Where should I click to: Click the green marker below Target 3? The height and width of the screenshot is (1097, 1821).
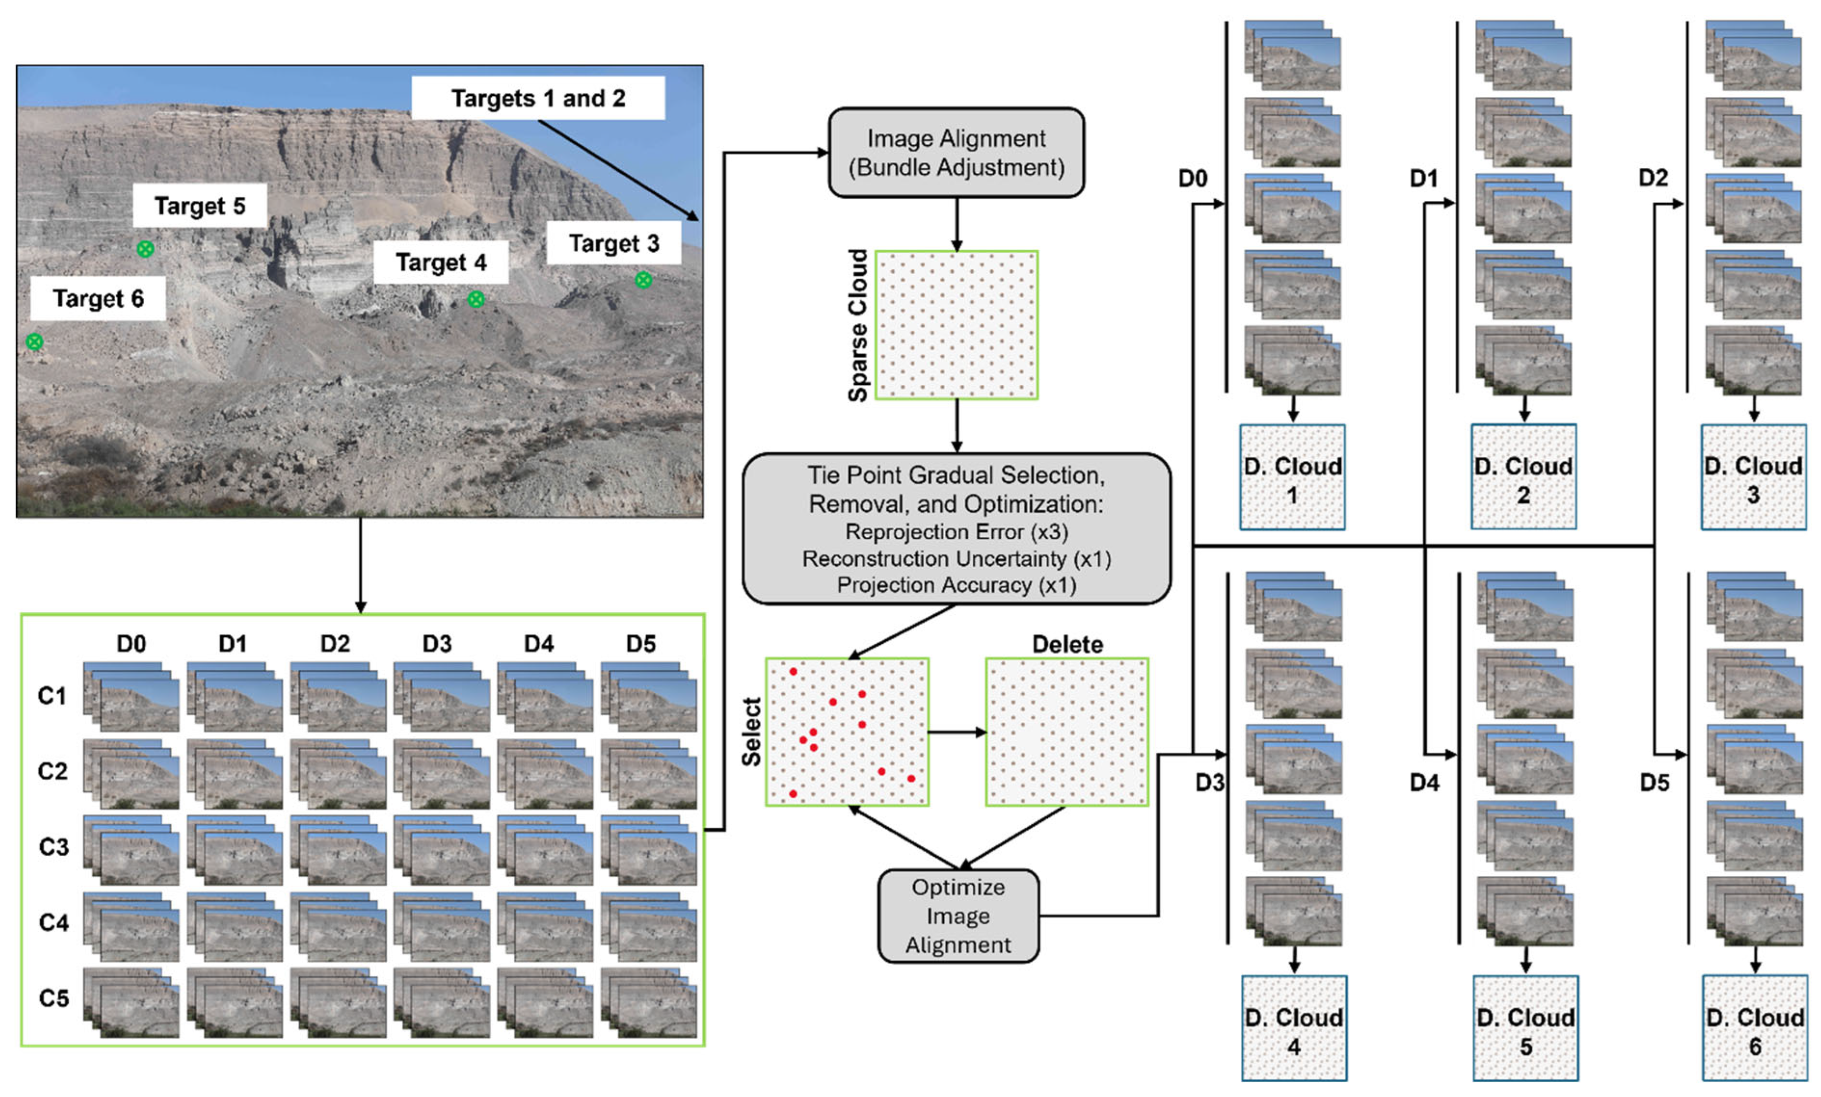pyautogui.click(x=643, y=280)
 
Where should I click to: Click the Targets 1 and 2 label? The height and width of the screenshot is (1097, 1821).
pyautogui.click(x=538, y=98)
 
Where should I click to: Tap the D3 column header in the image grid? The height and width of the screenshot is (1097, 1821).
pyautogui.click(x=437, y=643)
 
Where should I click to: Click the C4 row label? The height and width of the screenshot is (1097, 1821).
pyautogui.click(x=53, y=923)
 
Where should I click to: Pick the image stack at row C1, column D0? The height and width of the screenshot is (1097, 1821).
pyautogui.click(x=131, y=696)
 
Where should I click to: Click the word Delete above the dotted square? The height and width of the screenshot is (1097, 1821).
pyautogui.click(x=1067, y=644)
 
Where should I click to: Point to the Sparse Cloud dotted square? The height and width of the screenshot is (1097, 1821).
pyautogui.click(x=956, y=325)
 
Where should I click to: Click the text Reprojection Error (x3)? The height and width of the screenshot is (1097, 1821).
pyautogui.click(x=956, y=532)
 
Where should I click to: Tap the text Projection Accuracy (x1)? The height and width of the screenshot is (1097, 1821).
pyautogui.click(x=956, y=585)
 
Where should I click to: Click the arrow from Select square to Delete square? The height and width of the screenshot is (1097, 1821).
pyautogui.click(x=957, y=732)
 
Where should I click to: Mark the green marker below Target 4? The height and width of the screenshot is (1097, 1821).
pyautogui.click(x=476, y=299)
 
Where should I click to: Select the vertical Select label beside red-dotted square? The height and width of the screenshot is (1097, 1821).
pyautogui.click(x=752, y=732)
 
